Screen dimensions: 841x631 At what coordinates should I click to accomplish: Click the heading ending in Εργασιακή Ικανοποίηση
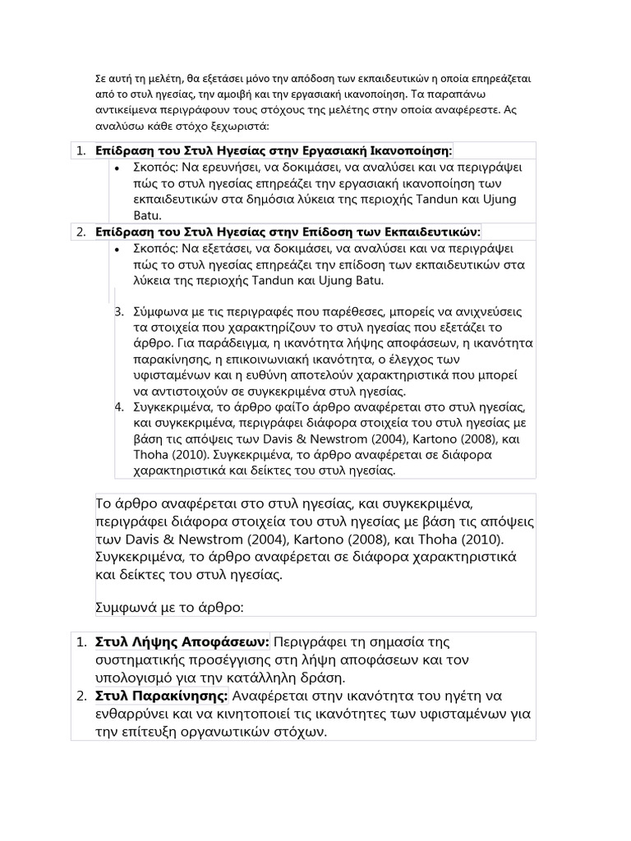point(274,150)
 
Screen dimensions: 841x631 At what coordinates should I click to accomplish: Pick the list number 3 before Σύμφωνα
point(118,312)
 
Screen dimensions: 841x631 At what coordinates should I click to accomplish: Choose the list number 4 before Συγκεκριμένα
point(118,407)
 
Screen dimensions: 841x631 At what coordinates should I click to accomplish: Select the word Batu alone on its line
point(146,214)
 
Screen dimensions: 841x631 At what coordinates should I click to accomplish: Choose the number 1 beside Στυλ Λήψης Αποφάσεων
point(81,641)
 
